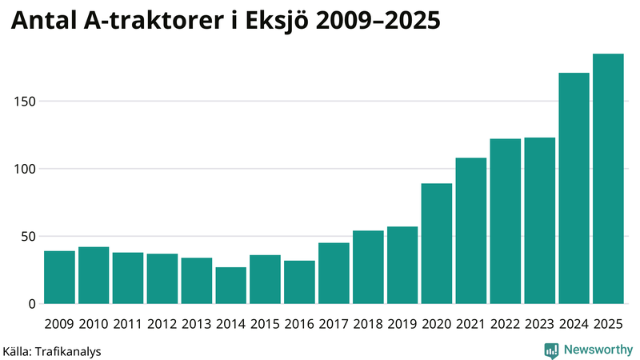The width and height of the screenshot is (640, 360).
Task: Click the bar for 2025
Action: (608, 179)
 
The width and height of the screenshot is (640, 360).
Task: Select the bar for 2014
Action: (230, 286)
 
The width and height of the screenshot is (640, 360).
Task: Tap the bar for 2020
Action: (437, 244)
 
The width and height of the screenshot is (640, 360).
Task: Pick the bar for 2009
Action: (59, 278)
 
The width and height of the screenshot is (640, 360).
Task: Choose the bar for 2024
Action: (574, 189)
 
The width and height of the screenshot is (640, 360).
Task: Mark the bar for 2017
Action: (334, 274)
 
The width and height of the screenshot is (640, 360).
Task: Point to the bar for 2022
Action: (505, 222)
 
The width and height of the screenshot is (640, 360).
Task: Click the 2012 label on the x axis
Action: (162, 324)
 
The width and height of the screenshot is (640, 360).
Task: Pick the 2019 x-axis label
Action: (402, 324)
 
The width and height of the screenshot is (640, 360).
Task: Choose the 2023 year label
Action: (539, 324)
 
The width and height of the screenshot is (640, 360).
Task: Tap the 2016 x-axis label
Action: (299, 324)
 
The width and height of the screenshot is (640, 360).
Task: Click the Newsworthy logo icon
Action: (551, 350)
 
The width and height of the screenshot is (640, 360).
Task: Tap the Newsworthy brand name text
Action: (598, 350)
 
